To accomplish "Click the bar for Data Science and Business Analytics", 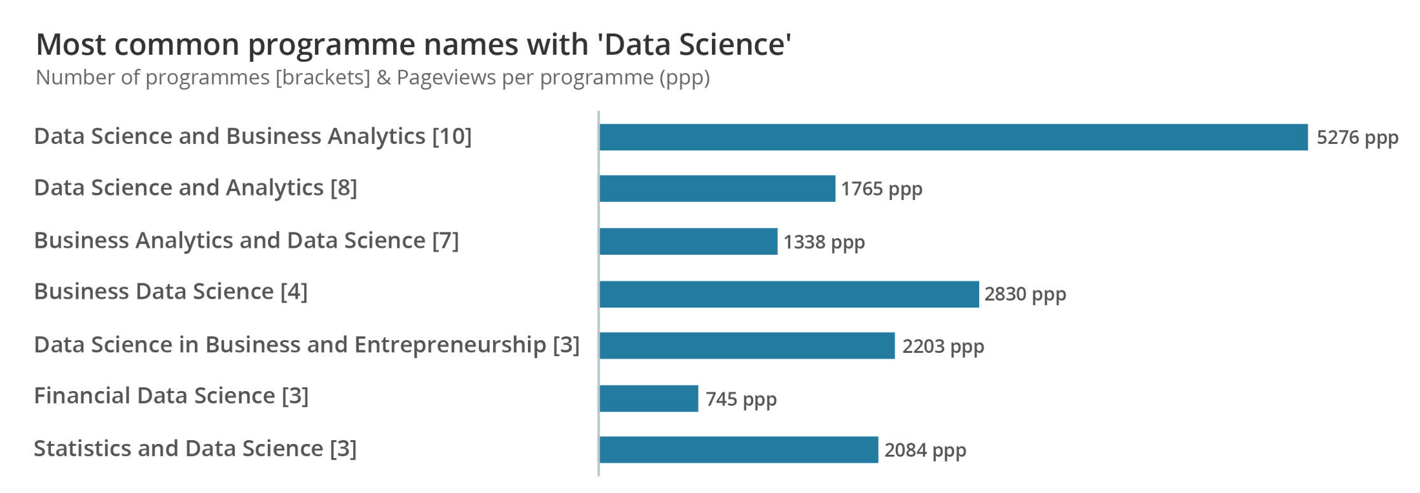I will pyautogui.click(x=953, y=137).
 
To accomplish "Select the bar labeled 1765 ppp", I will pyautogui.click(x=717, y=189).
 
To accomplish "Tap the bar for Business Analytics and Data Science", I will pyautogui.click(x=688, y=241).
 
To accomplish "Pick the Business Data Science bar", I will pyautogui.click(x=789, y=294).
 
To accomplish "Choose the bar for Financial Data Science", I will pyautogui.click(x=648, y=399).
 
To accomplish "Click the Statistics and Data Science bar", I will pyautogui.click(x=739, y=450).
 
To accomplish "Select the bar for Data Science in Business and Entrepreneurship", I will pyautogui.click(x=747, y=346).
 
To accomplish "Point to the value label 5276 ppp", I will pyautogui.click(x=1357, y=138).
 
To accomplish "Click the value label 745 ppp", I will pyautogui.click(x=741, y=399).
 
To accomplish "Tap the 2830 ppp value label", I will pyautogui.click(x=1025, y=294).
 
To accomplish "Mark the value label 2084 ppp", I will pyautogui.click(x=925, y=450).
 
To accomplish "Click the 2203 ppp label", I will pyautogui.click(x=943, y=347).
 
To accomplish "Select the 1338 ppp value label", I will pyautogui.click(x=824, y=242).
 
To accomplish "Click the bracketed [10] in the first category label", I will pyautogui.click(x=452, y=136).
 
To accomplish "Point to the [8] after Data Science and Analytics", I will pyautogui.click(x=344, y=188).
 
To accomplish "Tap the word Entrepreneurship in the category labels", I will pyautogui.click(x=450, y=345).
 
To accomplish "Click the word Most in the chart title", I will pyautogui.click(x=71, y=45).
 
